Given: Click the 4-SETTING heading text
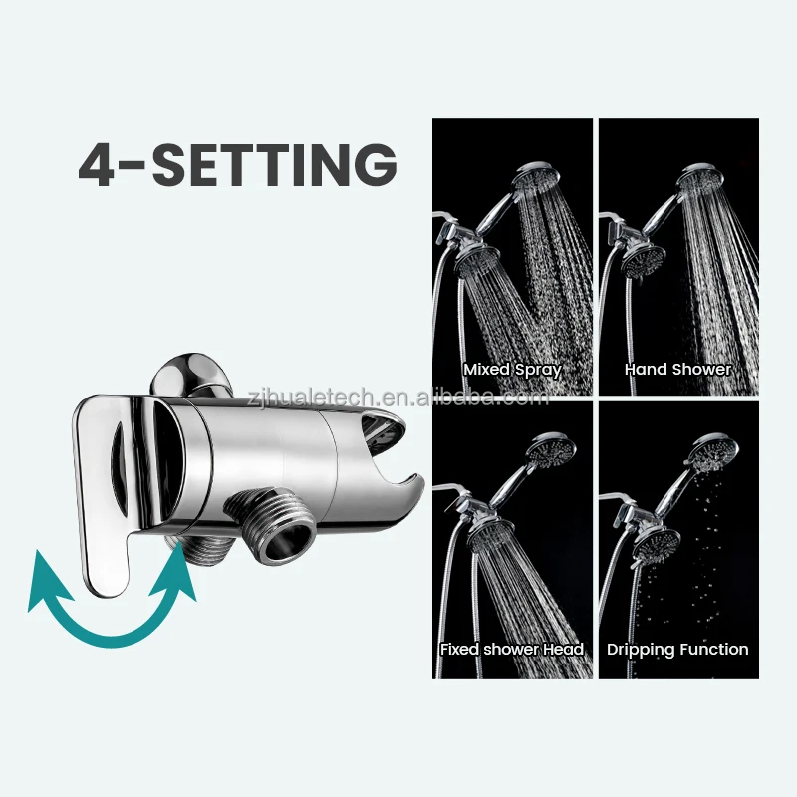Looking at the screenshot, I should (x=237, y=164).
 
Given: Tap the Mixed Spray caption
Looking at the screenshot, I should (x=512, y=369).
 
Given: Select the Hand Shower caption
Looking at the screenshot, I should (x=677, y=369).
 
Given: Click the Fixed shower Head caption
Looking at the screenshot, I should (x=512, y=649).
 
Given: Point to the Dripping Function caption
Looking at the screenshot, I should (x=677, y=649).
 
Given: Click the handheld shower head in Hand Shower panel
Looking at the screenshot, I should (x=699, y=179).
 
